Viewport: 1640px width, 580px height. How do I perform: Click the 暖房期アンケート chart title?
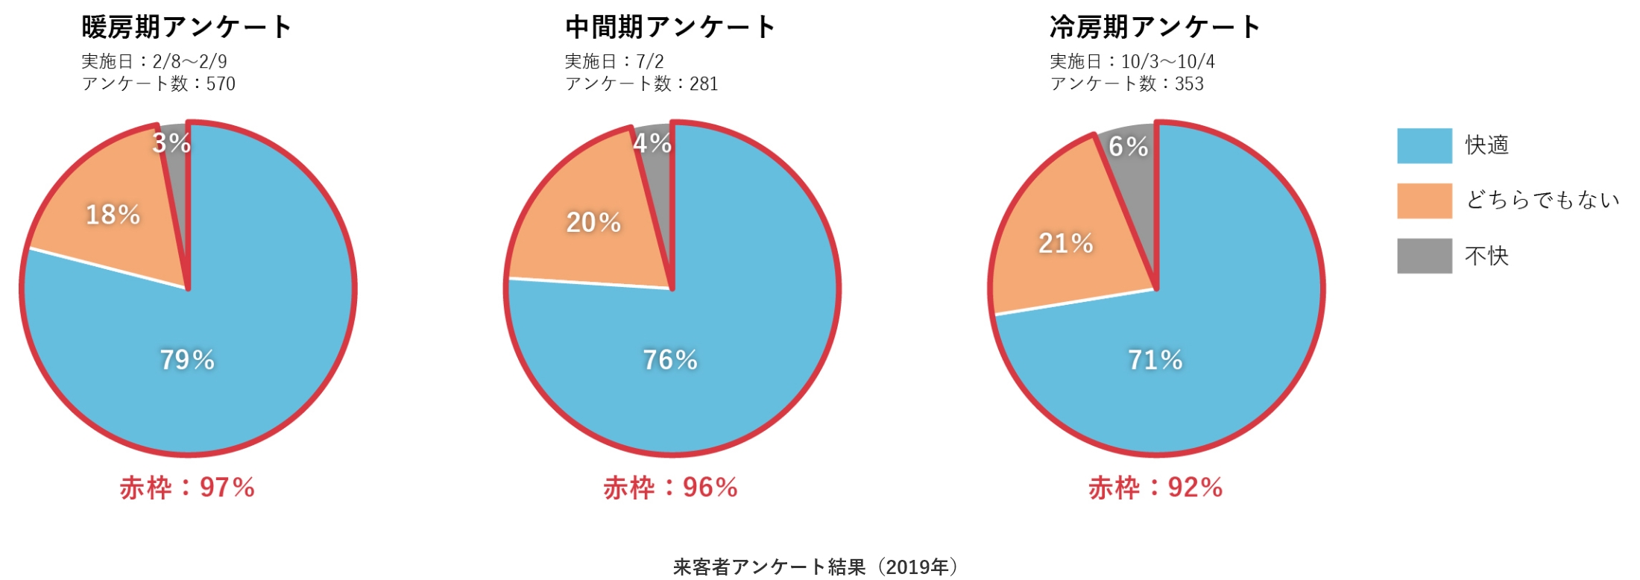coord(186,28)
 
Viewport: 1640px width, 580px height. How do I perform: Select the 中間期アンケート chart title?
coord(670,28)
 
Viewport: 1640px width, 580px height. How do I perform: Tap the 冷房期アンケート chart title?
coord(1155,28)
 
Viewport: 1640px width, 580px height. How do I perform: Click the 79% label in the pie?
coord(187,360)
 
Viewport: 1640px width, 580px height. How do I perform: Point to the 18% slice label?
coord(113,215)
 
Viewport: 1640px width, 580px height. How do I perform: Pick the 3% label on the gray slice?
coord(171,142)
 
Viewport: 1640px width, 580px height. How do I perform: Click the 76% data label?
coord(670,360)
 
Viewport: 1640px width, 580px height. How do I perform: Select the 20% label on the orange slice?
coord(593,222)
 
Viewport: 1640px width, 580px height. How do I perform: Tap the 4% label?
coord(652,142)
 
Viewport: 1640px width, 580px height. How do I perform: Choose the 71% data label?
coord(1155,360)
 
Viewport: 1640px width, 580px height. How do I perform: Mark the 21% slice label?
coord(1065,243)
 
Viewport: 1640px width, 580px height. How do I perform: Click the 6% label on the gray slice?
coord(1128,146)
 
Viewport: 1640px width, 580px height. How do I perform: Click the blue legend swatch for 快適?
coord(1424,145)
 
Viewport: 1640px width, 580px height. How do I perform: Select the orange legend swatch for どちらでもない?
coord(1424,201)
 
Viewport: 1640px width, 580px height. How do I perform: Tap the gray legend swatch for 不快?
coord(1424,256)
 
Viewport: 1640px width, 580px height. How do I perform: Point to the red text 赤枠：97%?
coord(187,488)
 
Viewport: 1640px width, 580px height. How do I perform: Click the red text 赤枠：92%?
coord(1155,488)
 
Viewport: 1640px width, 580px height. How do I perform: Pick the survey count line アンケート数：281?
coord(641,83)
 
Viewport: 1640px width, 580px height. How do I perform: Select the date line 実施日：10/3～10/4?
coord(1132,61)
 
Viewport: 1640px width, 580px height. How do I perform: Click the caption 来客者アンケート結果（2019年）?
coord(816,567)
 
